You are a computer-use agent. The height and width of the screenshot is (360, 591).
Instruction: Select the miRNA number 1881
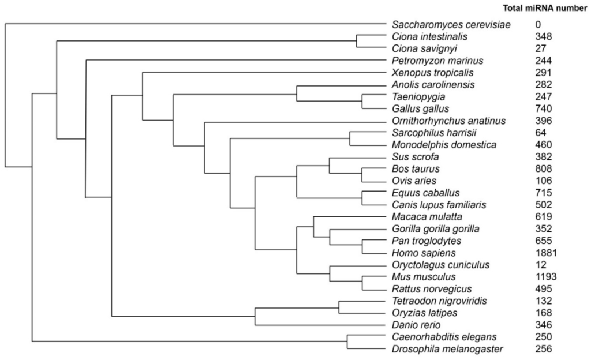[546, 253]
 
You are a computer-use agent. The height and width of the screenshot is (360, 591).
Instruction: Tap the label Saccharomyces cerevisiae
[451, 25]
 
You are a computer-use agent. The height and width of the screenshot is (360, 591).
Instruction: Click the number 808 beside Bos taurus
[544, 169]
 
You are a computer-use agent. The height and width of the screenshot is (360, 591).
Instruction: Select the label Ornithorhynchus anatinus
[448, 121]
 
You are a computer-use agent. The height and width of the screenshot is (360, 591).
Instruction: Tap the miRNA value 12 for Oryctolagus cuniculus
[540, 265]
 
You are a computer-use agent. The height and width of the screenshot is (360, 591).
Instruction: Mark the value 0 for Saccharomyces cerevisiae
[538, 25]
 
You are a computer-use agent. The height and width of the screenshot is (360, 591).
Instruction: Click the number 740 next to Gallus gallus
[544, 108]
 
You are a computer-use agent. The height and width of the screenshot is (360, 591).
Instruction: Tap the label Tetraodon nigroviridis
[439, 301]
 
